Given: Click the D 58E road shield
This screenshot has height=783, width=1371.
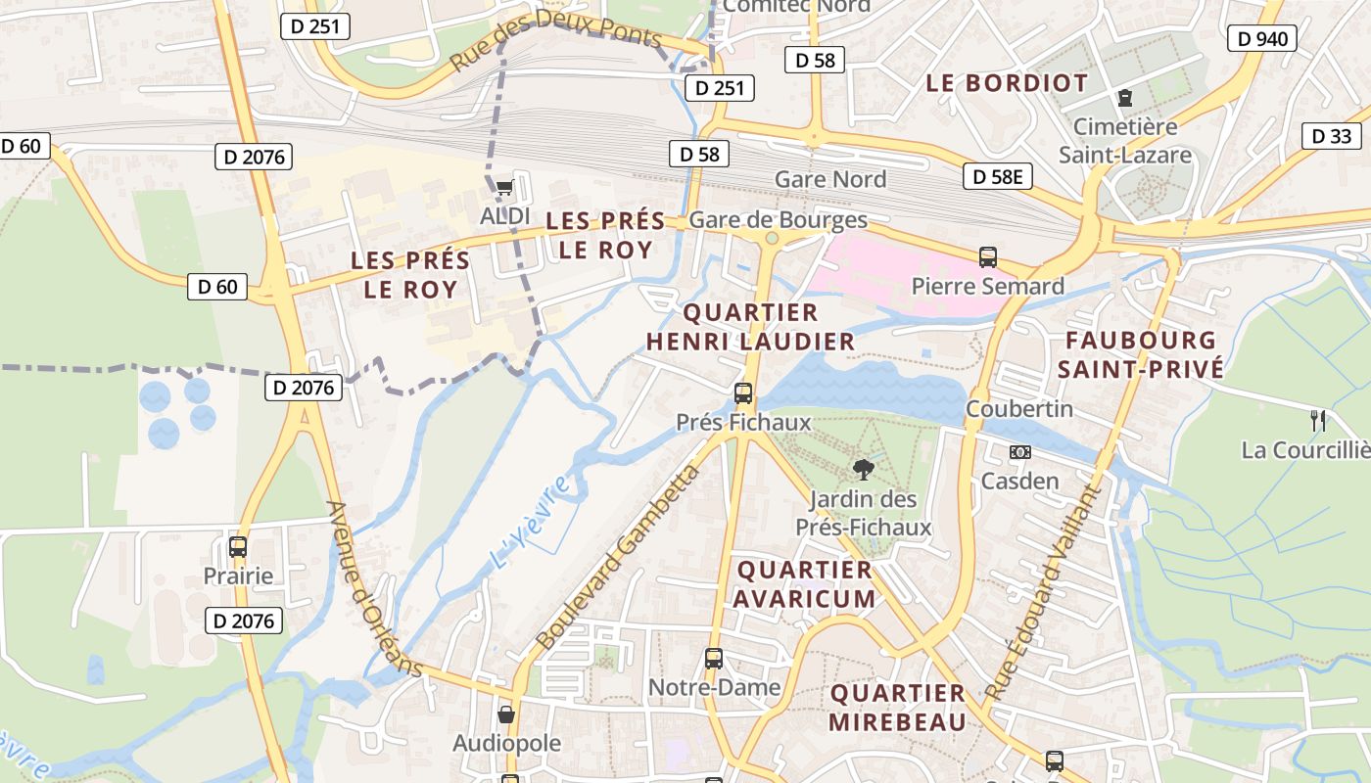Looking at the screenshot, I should [998, 176].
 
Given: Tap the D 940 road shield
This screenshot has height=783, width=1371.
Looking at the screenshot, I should [1261, 38].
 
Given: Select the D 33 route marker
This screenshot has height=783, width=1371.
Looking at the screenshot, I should [1331, 136].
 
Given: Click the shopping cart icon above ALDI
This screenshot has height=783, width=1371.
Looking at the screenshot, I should [504, 186].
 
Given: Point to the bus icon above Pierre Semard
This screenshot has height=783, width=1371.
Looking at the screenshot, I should [987, 257].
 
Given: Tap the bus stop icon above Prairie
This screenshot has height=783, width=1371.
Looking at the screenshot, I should [238, 547].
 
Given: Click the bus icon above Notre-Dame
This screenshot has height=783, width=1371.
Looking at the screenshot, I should [714, 659].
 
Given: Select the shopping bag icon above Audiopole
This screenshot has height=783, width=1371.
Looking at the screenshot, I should [506, 714].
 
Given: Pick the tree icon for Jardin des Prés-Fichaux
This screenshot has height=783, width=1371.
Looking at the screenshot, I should [863, 470].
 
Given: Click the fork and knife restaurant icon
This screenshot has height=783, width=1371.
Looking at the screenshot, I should [1318, 421].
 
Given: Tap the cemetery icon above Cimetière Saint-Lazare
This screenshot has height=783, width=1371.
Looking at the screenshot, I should [1124, 98].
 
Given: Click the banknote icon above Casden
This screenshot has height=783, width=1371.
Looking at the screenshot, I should [1019, 452].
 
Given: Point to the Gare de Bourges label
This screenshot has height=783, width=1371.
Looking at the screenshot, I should [779, 219].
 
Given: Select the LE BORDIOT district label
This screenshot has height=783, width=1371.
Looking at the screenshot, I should [1007, 83].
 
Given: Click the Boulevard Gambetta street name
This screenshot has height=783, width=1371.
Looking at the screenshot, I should [619, 558].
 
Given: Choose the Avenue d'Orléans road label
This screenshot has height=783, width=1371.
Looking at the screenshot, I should [374, 589].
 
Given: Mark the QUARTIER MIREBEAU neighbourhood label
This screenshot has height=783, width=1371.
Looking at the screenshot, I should [898, 708].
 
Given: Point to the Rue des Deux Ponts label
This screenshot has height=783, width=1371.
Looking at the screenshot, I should [556, 43].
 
